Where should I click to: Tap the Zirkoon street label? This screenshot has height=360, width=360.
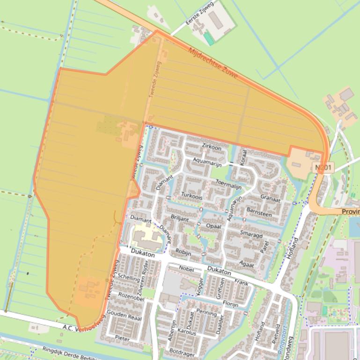tap(211, 147)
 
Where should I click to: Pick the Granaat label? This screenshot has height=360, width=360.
tap(270, 197)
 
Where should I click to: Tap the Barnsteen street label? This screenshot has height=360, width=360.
tap(259, 212)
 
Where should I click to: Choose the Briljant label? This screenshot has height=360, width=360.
tap(180, 218)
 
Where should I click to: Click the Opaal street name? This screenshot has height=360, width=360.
tap(213, 226)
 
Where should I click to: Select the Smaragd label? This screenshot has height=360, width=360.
tap(251, 235)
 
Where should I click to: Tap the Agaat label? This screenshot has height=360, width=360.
tap(246, 265)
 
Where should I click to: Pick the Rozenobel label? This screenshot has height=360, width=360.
tap(131, 295)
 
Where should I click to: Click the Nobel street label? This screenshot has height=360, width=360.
tap(186, 268)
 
